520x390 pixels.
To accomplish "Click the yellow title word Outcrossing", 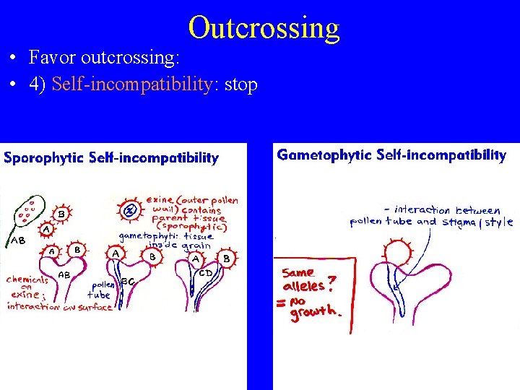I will click(264, 27).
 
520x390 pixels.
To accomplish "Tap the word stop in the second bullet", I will click(241, 84).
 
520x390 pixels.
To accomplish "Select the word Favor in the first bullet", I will click(53, 56).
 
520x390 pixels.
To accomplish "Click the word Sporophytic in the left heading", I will click(40, 158).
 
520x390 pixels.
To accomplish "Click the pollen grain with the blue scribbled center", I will click(129, 211).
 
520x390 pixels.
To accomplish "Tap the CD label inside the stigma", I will click(205, 273).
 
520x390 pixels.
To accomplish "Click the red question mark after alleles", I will click(331, 282).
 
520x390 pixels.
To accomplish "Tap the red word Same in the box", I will click(298, 273).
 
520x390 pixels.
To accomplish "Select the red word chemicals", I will click(27, 279).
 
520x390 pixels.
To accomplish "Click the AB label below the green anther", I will click(17, 241).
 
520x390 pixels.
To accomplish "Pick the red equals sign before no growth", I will click(280, 304).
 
